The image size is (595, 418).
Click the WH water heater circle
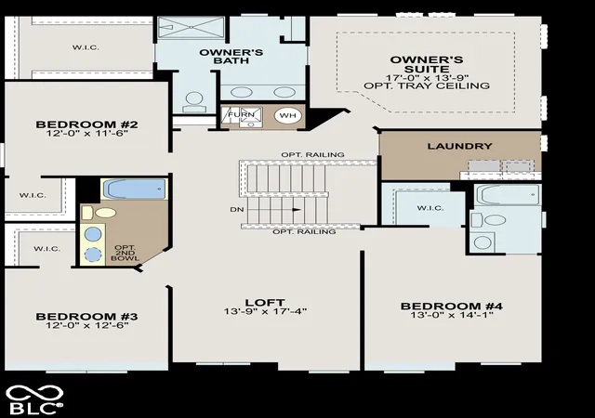coord(287,115)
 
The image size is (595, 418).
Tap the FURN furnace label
coord(242,114)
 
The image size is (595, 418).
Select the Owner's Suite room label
coord(427,64)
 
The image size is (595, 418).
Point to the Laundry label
coord(460,146)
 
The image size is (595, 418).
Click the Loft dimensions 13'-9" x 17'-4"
coord(265,311)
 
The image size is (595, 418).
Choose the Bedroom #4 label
coord(452,307)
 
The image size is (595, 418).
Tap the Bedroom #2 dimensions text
coord(86,133)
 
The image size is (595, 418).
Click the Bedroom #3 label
coord(86,317)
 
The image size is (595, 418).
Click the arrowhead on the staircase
coord(297,209)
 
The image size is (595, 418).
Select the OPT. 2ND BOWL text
coord(125,253)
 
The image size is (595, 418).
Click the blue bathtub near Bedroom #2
coord(135,189)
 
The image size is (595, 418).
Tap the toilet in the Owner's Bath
coord(194,102)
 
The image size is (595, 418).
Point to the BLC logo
coord(34,399)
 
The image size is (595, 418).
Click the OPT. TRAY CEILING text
coord(427,85)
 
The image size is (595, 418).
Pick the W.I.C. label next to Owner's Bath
coord(86,47)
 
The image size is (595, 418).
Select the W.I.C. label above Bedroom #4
coord(430,208)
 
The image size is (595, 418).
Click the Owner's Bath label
coord(231,56)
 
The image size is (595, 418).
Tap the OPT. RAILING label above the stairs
coord(312,155)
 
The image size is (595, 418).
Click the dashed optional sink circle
coord(93,255)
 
